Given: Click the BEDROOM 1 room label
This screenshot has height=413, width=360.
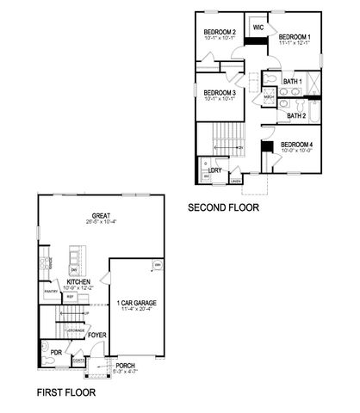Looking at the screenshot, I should pos(295,37).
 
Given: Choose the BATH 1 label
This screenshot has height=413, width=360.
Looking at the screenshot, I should pos(293,81).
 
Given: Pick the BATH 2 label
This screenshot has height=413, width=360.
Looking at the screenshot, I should pos(296,115).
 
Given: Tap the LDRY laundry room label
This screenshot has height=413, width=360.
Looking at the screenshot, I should pos(215,170).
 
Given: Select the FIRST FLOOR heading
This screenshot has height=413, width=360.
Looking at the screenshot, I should pos(65,391).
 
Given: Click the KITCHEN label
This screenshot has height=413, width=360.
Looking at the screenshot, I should pos(79,281).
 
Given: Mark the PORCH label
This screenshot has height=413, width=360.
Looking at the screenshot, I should pos(126,366).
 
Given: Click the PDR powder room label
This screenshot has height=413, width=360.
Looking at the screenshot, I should pos(55,353).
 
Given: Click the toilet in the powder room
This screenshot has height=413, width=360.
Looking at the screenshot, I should pos(49,362).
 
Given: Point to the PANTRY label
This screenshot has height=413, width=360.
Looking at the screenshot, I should pos(51,291).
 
